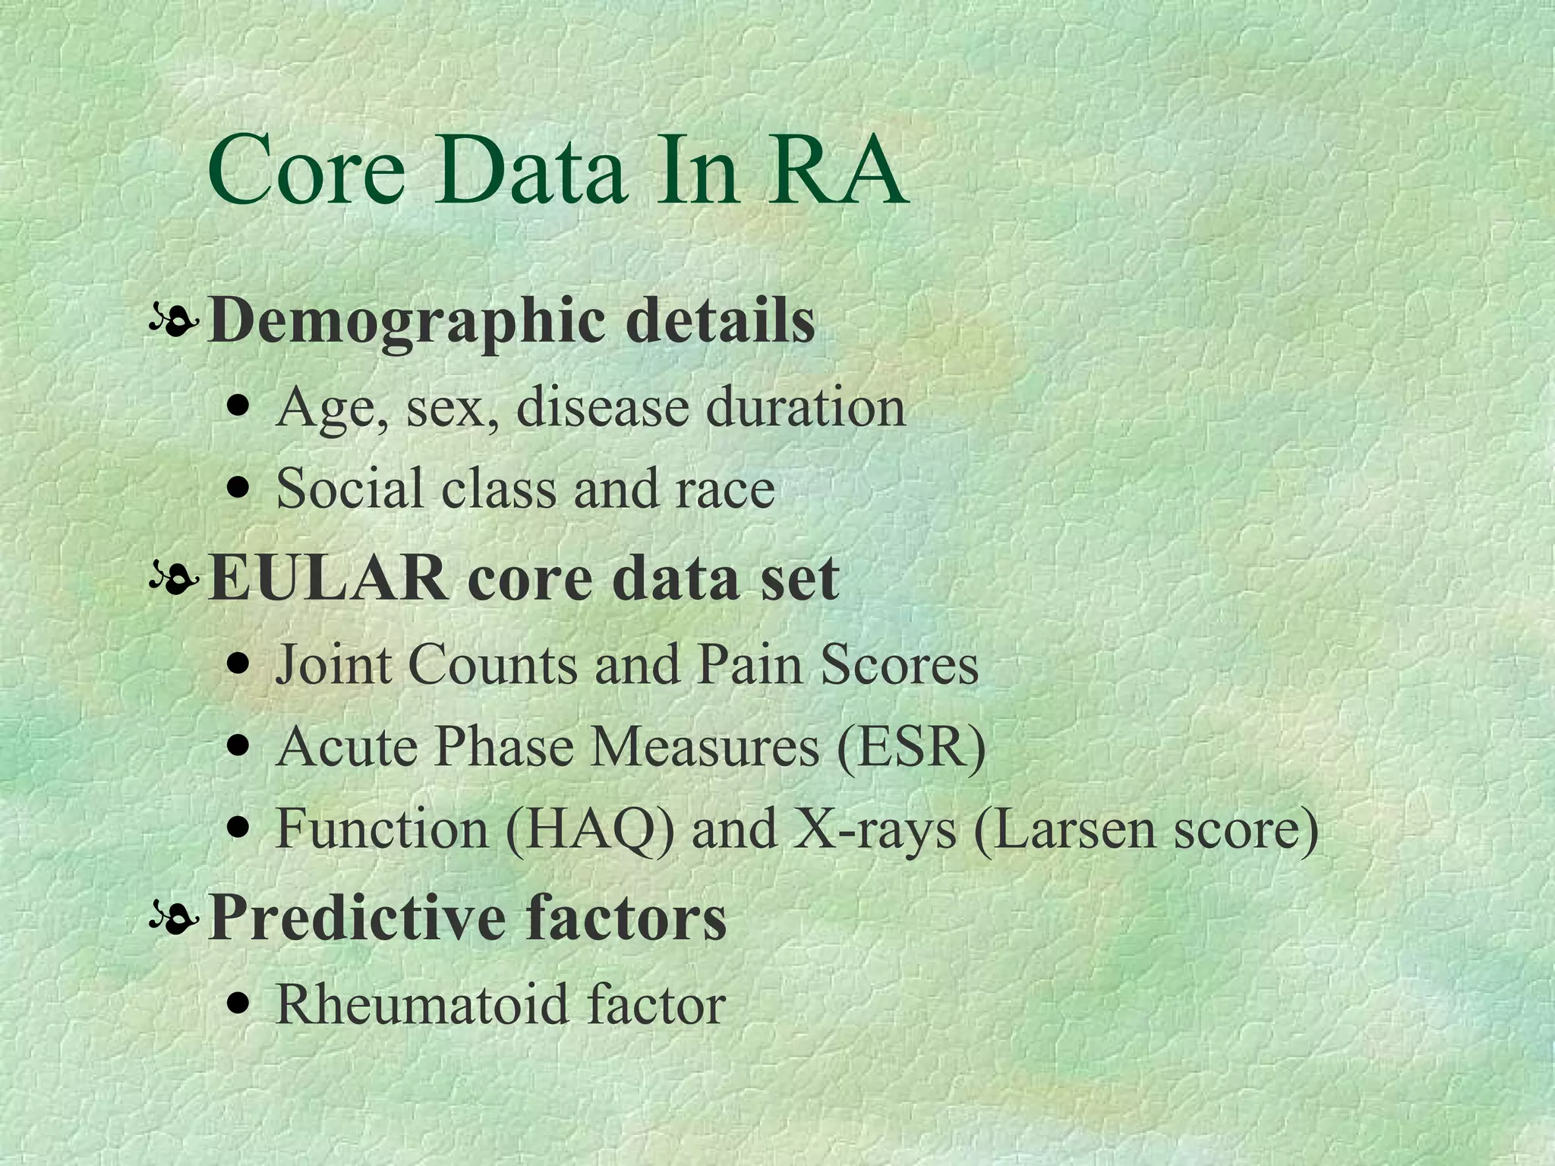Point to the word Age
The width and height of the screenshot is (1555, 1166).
[330, 407]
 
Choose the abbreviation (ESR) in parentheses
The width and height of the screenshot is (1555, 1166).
[911, 747]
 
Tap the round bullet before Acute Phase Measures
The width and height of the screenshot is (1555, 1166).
[240, 747]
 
